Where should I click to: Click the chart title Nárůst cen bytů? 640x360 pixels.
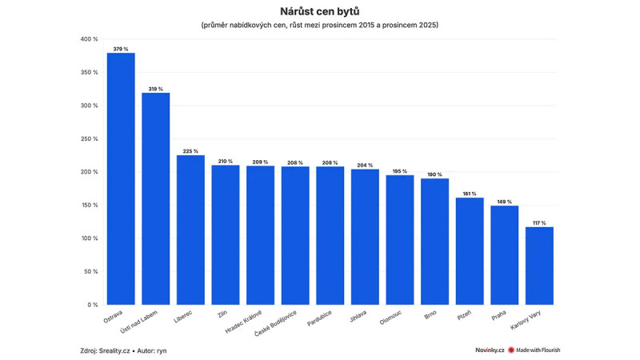[x=319, y=11]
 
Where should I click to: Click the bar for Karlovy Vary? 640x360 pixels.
[x=539, y=266]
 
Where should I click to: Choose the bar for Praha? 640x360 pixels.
[x=504, y=255]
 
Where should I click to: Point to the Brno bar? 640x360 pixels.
[x=434, y=242]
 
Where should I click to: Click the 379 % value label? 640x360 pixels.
[x=121, y=49]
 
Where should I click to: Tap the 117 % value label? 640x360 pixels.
[x=539, y=222]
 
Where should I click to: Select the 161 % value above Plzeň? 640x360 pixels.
[x=470, y=194]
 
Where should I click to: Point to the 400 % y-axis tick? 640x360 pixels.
[x=89, y=38]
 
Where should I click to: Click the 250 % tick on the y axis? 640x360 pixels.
[x=89, y=138]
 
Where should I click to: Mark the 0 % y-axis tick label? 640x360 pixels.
[x=93, y=305]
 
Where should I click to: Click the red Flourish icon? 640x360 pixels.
[x=510, y=350]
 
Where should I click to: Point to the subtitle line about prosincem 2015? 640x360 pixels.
[x=319, y=26]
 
